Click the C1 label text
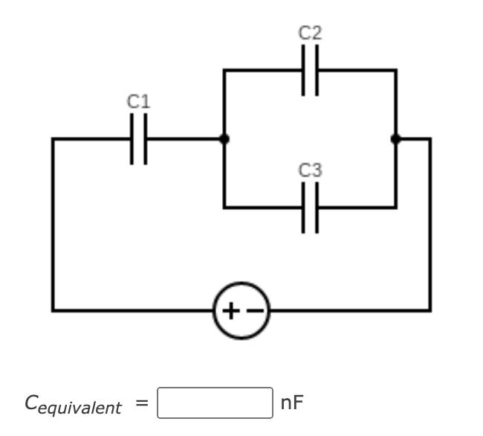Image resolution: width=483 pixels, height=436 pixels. coord(138,101)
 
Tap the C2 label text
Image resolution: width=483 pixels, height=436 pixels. coord(310,33)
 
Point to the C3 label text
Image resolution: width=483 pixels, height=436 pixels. coord(310,170)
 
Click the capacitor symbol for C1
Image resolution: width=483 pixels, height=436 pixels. coord(138,138)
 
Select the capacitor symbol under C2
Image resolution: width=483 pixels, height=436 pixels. coord(310,70)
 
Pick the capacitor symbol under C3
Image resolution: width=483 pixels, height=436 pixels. coord(310,208)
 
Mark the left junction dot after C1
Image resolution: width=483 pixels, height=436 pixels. coord(224,138)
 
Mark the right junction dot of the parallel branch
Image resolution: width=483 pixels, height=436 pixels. coord(395,138)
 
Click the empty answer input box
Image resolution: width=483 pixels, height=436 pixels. coord(215,403)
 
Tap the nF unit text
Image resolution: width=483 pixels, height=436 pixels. coord(292,403)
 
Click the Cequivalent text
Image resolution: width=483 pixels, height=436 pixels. coord(73,404)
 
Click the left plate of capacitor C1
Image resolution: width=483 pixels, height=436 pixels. coord(133,138)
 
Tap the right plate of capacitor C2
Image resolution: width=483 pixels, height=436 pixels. coord(316,70)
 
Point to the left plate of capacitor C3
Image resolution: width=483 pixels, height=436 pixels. coord(305,208)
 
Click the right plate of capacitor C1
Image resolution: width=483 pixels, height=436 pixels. coord(144,138)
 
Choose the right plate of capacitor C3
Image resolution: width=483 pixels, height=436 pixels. coord(316,208)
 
